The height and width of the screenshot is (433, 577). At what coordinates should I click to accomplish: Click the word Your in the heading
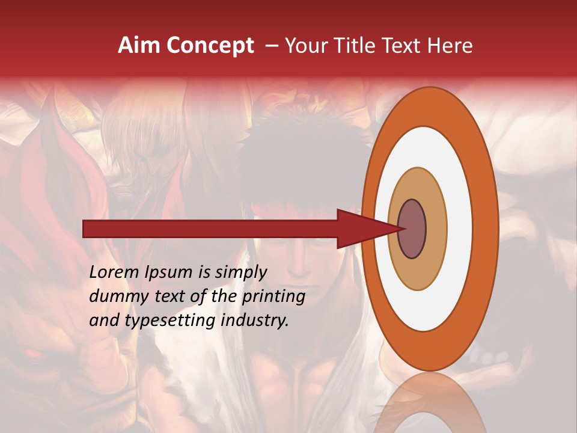(x=305, y=46)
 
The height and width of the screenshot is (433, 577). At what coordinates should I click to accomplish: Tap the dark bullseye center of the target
(x=412, y=229)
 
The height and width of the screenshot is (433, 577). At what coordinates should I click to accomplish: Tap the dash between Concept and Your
(x=271, y=46)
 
